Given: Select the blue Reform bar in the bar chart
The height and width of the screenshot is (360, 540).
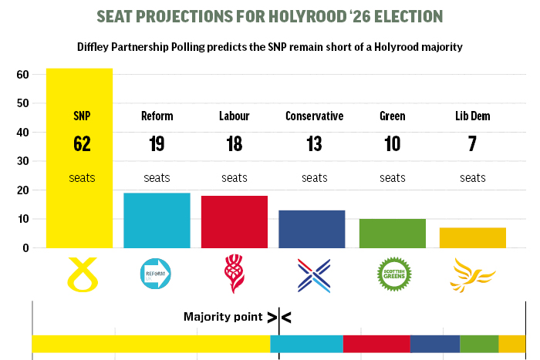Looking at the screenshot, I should coord(157,220).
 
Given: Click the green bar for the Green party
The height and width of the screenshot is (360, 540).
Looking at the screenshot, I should coord(392,234).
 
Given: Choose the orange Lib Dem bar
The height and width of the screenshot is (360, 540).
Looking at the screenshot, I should coord(473,237).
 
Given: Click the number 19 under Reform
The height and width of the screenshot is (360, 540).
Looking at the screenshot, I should coord(157,144).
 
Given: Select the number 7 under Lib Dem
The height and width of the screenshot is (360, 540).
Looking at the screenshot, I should coord(472,144).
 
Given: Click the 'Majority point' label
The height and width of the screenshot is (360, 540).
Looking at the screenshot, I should coord(222,316).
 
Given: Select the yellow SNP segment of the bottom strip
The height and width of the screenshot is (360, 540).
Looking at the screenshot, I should coord(150,344).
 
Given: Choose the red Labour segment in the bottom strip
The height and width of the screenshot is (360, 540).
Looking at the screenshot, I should coord(376,344).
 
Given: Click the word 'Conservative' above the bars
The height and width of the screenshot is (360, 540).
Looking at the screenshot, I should coord(314,116).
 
